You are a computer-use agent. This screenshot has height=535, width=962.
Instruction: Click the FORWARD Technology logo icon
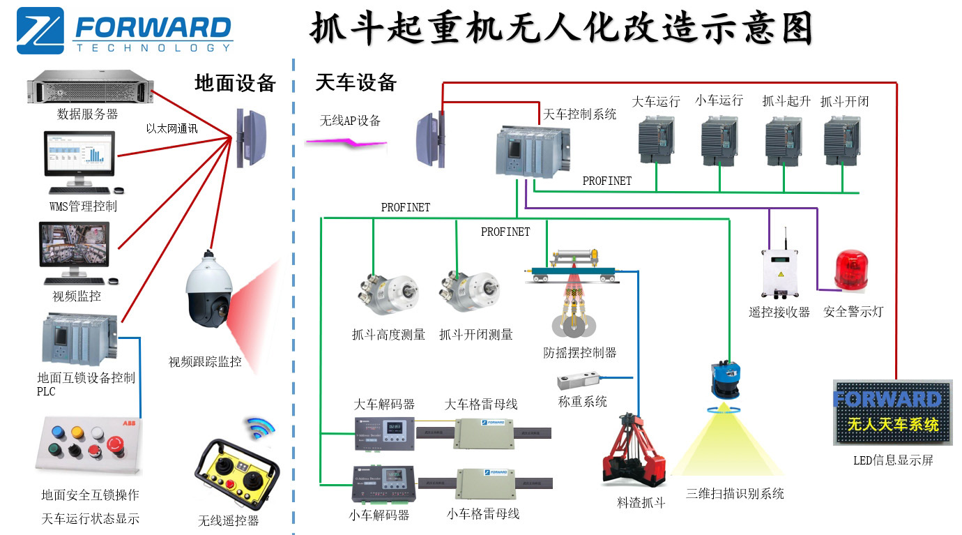click(40, 31)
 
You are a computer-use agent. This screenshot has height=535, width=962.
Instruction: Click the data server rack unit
click(89, 89)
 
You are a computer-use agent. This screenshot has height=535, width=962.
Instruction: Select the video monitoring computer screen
click(75, 246)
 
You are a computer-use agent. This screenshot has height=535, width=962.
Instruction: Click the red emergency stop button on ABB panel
click(115, 444)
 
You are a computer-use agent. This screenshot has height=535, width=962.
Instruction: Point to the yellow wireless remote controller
click(237, 479)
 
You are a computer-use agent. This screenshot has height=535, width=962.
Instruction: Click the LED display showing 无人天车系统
click(892, 412)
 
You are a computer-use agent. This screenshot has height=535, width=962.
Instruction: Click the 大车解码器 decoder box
click(383, 432)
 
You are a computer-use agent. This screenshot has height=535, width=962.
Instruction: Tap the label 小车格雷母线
click(483, 514)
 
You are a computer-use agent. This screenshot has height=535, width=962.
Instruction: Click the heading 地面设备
click(236, 84)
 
